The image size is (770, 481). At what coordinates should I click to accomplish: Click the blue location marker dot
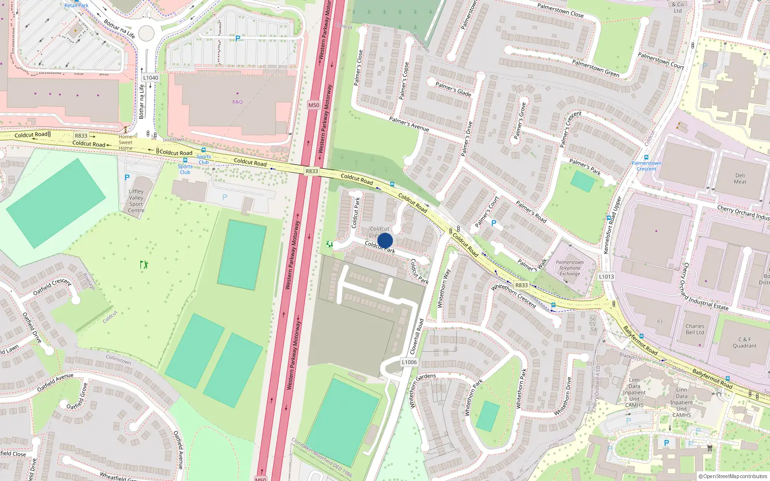pyautogui.click(x=385, y=240)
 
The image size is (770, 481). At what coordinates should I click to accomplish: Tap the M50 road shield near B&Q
pyautogui.click(x=313, y=105)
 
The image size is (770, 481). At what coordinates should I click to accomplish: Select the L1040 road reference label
pyautogui.click(x=151, y=77)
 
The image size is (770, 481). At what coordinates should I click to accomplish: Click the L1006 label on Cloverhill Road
pyautogui.click(x=409, y=362)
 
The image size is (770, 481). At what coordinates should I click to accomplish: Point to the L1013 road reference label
pyautogui.click(x=606, y=277)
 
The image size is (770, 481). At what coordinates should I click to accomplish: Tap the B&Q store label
pyautogui.click(x=238, y=101)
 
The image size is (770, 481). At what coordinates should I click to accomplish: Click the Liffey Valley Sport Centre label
pyautogui.click(x=136, y=201)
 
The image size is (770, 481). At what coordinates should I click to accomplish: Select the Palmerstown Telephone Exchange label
pyautogui.click(x=570, y=268)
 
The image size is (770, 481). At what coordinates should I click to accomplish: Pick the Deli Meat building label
pyautogui.click(x=740, y=178)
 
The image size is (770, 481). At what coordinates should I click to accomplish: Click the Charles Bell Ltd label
pyautogui.click(x=694, y=329)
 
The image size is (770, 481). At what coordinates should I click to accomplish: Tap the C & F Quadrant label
pyautogui.click(x=744, y=342)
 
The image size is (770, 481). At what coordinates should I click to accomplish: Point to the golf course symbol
pyautogui.click(x=144, y=265)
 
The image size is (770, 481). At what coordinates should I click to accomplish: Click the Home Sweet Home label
pyautogui.click(x=126, y=142)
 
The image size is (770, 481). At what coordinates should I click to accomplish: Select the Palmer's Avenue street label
pyautogui.click(x=409, y=124)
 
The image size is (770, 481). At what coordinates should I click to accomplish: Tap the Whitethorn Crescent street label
pyautogui.click(x=513, y=295)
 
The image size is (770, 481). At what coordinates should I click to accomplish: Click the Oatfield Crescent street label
pyautogui.click(x=52, y=287)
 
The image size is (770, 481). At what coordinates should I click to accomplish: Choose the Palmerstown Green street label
pyautogui.click(x=595, y=68)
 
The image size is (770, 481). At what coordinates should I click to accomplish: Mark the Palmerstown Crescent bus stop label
pyautogui.click(x=646, y=166)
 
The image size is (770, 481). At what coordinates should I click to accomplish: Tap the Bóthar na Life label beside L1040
pyautogui.click(x=141, y=101)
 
